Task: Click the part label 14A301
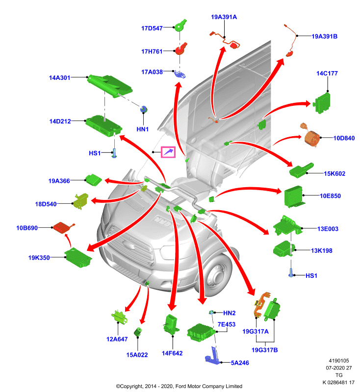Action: click(59, 78)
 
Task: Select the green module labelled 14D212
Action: click(103, 126)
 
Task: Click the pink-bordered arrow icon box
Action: click(168, 152)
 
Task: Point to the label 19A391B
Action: click(325, 36)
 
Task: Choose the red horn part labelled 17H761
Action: click(181, 49)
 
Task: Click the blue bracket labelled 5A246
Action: click(213, 356)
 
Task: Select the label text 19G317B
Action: click(264, 350)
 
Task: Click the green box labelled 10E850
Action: click(294, 196)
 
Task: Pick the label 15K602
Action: click(334, 174)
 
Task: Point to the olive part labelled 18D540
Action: click(81, 201)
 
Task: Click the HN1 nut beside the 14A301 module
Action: click(144, 109)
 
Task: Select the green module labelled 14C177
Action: click(322, 103)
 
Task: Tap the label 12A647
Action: click(117, 339)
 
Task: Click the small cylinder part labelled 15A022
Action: click(138, 332)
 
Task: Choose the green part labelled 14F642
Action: click(171, 324)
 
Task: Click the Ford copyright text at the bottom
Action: click(179, 386)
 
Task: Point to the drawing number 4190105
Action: click(339, 361)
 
